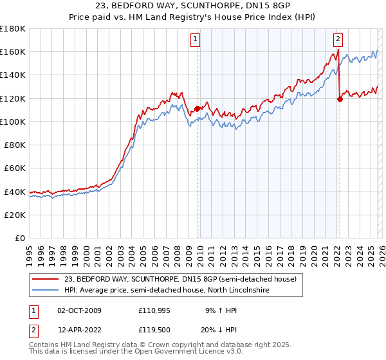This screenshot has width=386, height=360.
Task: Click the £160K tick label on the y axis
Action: pos(14,51)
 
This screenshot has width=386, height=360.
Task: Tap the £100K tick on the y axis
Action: pos(14,122)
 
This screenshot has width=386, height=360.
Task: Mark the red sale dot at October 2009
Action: pos(197,109)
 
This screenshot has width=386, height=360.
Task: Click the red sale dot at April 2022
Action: pos(340,99)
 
